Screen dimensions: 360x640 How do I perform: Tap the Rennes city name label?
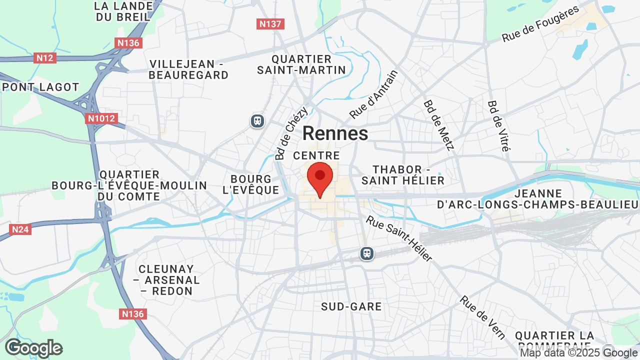pyautogui.click(x=335, y=133)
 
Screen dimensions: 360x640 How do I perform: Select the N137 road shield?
pyautogui.click(x=270, y=23)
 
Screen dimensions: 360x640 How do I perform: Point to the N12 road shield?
pyautogui.click(x=45, y=58)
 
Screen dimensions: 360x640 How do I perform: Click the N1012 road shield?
pyautogui.click(x=101, y=118)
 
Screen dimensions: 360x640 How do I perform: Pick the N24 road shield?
pyautogui.click(x=20, y=229)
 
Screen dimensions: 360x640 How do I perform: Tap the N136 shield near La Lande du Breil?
pyautogui.click(x=128, y=43)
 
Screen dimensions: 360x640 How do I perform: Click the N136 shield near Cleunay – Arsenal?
pyautogui.click(x=132, y=314)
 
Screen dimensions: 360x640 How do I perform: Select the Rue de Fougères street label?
pyautogui.click(x=540, y=23)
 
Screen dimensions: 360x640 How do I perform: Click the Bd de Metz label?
pyautogui.click(x=438, y=125)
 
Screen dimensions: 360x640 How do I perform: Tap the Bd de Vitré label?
pyautogui.click(x=498, y=126)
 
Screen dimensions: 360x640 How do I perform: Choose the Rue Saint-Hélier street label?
pyautogui.click(x=399, y=238)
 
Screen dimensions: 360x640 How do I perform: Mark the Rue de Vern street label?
pyautogui.click(x=482, y=317)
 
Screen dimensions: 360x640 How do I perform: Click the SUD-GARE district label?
pyautogui.click(x=351, y=306)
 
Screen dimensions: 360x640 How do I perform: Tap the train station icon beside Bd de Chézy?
pyautogui.click(x=257, y=121)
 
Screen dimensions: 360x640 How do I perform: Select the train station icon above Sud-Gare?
pyautogui.click(x=367, y=253)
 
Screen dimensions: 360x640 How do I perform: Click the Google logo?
pyautogui.click(x=33, y=348)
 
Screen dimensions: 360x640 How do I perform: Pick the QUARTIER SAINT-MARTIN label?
pyautogui.click(x=301, y=64)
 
